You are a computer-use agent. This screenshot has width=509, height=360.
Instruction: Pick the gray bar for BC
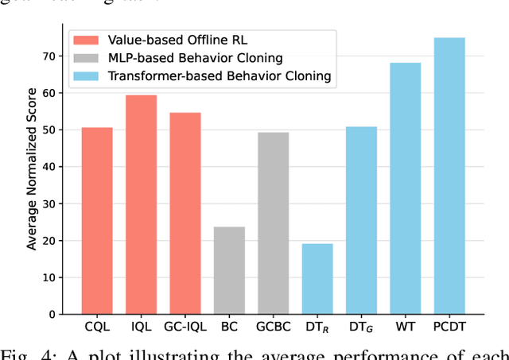point(229,270)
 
